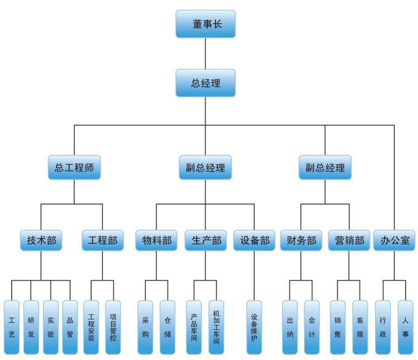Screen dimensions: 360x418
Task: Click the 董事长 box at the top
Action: click(x=205, y=25)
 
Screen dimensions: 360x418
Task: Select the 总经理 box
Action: click(x=205, y=83)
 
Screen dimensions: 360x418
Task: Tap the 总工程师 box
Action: click(x=74, y=167)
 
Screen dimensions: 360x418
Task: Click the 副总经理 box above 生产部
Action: click(x=205, y=167)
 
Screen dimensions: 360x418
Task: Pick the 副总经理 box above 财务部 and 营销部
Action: click(x=325, y=167)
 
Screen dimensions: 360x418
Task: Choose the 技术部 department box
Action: click(x=41, y=240)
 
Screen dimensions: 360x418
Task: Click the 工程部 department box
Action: click(x=103, y=240)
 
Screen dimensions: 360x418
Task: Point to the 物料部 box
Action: click(x=157, y=240)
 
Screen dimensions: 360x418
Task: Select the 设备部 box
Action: click(x=253, y=240)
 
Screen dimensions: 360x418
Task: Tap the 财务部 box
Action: click(x=301, y=240)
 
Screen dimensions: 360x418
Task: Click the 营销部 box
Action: click(x=349, y=240)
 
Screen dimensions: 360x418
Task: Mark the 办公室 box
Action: click(x=394, y=240)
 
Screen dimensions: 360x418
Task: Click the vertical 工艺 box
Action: click(x=12, y=327)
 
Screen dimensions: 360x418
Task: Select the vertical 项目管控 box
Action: click(x=113, y=327)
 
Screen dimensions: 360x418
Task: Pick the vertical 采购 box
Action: click(x=146, y=327)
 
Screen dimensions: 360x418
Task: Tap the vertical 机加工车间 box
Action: click(x=216, y=327)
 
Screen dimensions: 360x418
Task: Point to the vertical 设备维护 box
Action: click(x=254, y=327)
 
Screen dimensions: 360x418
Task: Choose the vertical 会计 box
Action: click(x=312, y=327)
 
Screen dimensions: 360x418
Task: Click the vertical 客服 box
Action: click(x=360, y=327)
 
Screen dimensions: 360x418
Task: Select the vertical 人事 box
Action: click(x=405, y=327)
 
